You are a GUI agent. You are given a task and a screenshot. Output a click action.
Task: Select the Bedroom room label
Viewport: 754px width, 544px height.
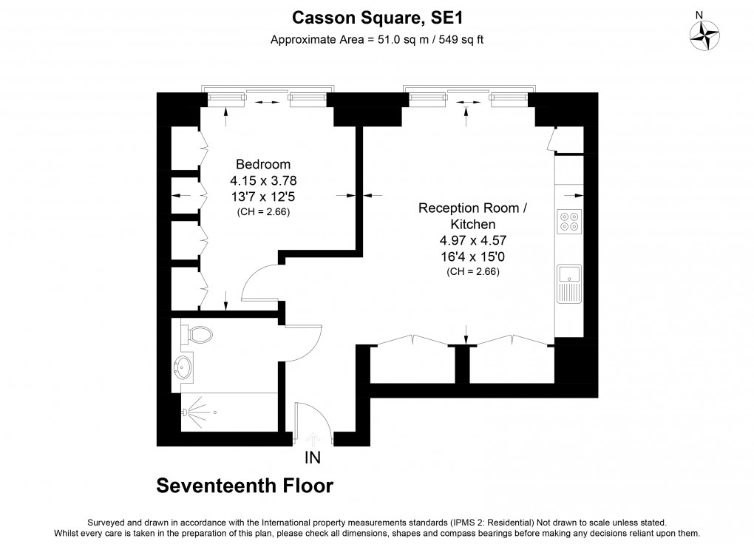tap(263, 164)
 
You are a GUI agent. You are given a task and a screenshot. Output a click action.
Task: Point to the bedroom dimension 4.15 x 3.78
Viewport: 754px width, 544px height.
tap(263, 180)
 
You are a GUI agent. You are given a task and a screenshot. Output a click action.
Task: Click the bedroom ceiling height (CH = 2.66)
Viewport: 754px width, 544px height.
tap(263, 212)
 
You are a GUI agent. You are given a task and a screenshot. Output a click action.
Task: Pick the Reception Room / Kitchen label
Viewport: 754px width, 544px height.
tap(473, 216)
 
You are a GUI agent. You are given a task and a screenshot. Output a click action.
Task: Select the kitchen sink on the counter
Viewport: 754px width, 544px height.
tap(569, 283)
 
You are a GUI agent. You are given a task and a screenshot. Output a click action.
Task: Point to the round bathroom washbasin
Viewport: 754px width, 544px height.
tap(184, 365)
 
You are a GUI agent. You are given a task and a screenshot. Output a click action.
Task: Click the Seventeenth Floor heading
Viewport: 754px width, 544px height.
tap(245, 486)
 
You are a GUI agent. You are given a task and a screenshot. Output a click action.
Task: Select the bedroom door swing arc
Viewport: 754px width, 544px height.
tap(257, 282)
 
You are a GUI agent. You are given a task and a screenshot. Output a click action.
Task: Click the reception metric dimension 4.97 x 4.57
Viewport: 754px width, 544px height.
tap(473, 240)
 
